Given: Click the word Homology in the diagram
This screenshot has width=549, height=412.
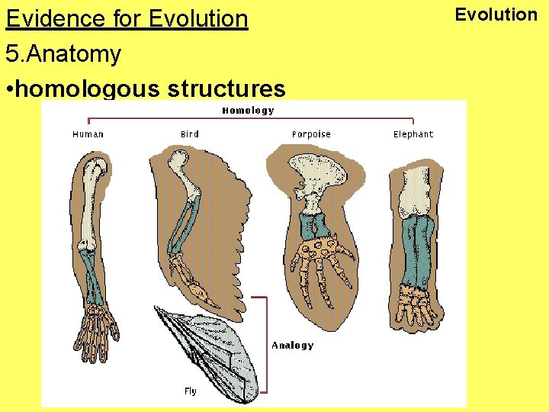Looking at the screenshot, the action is pyautogui.click(x=248, y=111).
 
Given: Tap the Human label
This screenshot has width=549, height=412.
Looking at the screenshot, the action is pyautogui.click(x=88, y=134).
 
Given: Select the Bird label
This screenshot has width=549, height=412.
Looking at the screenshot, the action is pyautogui.click(x=190, y=134).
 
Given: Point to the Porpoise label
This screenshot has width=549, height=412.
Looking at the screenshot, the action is pyautogui.click(x=311, y=134).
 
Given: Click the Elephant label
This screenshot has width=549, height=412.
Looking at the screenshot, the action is pyautogui.click(x=413, y=134).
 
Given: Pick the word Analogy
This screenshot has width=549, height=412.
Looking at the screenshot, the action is pyautogui.click(x=293, y=346).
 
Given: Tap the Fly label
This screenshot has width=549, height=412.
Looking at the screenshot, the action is pyautogui.click(x=190, y=391).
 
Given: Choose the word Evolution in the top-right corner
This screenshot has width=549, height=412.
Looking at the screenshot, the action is pyautogui.click(x=496, y=14).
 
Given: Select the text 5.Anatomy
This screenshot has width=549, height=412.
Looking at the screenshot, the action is pyautogui.click(x=63, y=54).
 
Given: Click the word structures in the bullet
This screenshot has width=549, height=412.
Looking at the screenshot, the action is pyautogui.click(x=226, y=89).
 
